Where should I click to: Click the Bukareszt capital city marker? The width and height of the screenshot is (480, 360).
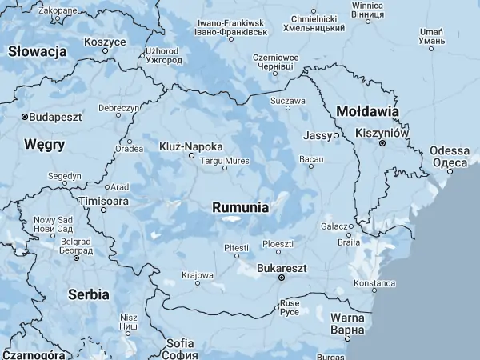tap(281, 278)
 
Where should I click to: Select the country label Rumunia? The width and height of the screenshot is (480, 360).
tap(240, 207)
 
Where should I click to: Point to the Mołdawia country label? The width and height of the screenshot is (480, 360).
tap(367, 111)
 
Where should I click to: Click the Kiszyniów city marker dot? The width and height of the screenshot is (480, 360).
tap(382, 143)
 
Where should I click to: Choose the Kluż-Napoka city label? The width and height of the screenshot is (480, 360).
tap(191, 146)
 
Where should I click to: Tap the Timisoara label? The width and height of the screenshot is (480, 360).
tap(102, 202)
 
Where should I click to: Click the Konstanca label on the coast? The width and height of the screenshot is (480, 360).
tap(374, 283)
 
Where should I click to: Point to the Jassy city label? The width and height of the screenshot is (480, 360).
tap(317, 136)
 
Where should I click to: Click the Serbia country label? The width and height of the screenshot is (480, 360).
tap(88, 294)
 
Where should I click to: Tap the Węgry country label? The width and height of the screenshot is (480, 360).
tap(45, 145)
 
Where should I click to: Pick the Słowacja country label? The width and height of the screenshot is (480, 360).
tap(37, 51)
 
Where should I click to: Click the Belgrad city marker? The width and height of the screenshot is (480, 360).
tap(77, 258)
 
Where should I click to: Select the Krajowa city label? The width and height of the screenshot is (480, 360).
tap(198, 274)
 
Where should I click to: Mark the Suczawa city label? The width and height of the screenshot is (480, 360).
tap(288, 102)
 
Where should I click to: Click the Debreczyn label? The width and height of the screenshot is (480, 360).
tap(118, 108)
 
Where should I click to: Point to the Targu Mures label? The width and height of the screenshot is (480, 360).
tap(224, 161)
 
